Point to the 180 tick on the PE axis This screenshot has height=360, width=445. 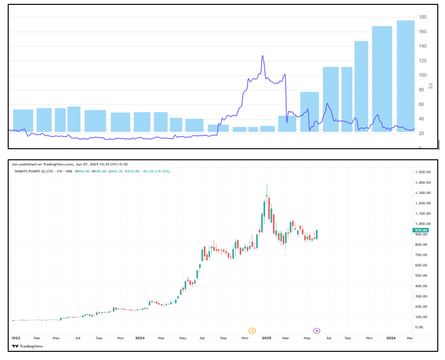[x=423, y=17]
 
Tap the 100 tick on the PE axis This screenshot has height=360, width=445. [x=423, y=76]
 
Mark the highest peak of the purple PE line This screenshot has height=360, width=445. [x=262, y=56]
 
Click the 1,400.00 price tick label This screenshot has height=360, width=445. [x=422, y=182]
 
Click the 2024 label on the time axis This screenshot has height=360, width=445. [x=140, y=338]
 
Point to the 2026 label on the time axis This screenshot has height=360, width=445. [x=391, y=338]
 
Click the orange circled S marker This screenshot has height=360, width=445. [x=252, y=331]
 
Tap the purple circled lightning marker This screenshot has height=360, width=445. [x=316, y=331]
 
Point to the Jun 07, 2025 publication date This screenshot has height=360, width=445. [x=79, y=164]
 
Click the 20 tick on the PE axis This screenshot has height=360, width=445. [x=423, y=134]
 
